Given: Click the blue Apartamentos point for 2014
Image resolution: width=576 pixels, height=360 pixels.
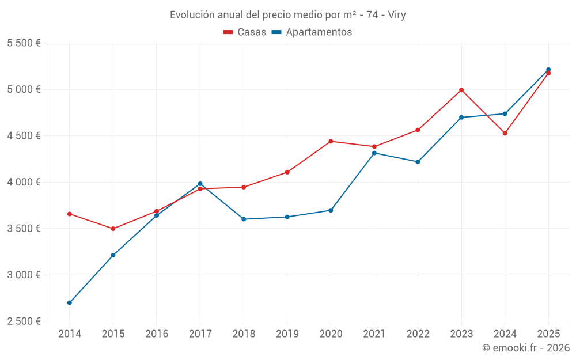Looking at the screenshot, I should (70, 302).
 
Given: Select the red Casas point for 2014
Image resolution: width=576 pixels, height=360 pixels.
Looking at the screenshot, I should (70, 214).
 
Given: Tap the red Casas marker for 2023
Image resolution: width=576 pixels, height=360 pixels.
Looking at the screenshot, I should (461, 90).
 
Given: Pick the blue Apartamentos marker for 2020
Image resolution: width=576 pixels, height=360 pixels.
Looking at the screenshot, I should (331, 210).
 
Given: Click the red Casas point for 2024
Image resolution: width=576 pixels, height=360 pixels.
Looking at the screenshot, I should (505, 133).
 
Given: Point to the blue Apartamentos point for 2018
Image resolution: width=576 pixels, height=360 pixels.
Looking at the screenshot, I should (244, 219).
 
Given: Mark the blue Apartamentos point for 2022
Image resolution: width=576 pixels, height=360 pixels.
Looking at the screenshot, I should (418, 162).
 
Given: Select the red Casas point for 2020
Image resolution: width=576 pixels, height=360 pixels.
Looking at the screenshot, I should (331, 141).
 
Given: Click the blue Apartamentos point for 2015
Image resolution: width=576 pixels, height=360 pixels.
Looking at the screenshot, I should (113, 255).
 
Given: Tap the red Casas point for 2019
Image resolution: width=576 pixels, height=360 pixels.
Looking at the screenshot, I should (287, 172).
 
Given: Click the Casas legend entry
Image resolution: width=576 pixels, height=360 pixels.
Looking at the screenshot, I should (245, 32).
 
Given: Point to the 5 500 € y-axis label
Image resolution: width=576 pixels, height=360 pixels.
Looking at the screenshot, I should (24, 43).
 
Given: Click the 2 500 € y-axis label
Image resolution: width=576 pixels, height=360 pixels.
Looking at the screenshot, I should (24, 321).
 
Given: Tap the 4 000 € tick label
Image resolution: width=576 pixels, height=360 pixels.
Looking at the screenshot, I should (24, 182).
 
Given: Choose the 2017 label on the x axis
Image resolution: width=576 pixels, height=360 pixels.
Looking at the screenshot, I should (200, 334).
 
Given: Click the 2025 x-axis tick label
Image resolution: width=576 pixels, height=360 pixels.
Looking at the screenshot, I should (548, 334).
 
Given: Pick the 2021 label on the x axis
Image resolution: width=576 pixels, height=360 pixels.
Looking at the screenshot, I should (374, 334).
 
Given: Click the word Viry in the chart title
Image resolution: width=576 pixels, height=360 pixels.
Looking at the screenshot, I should (396, 15).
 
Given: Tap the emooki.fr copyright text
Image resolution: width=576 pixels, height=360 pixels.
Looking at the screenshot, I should (525, 348).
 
